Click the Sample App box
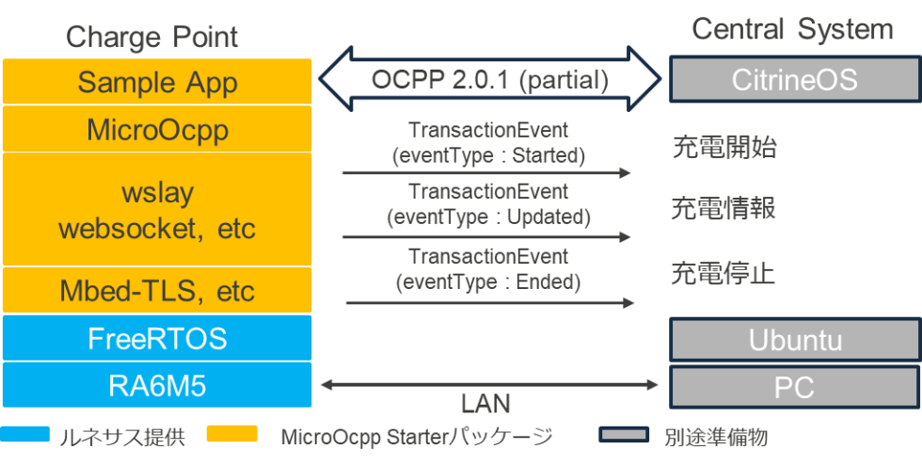tap(156, 81)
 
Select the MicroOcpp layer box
tap(156, 129)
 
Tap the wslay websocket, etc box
tap(156, 210)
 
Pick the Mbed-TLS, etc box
tap(156, 290)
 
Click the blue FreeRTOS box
tap(156, 338)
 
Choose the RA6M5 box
tap(156, 385)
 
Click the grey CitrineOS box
tap(794, 79)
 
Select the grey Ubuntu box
tap(794, 340)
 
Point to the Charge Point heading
tap(151, 37)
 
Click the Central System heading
tap(792, 29)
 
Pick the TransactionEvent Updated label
tap(488, 204)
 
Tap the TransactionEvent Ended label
tap(488, 268)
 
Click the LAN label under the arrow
tap(485, 406)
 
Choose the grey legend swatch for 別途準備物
tap(623, 435)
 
